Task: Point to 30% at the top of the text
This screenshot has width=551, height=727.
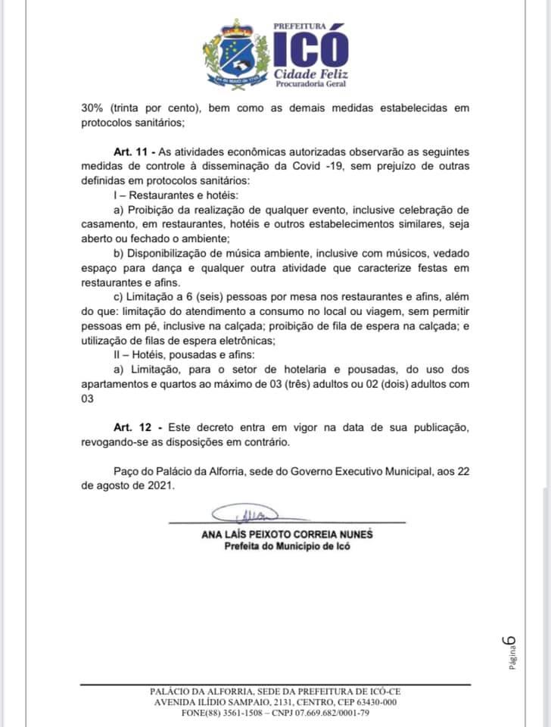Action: tap(95, 108)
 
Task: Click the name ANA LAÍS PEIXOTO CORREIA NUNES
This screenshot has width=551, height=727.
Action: tap(287, 534)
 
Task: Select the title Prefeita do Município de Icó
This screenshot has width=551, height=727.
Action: tap(287, 546)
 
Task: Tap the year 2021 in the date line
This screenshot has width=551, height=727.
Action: tap(160, 485)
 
